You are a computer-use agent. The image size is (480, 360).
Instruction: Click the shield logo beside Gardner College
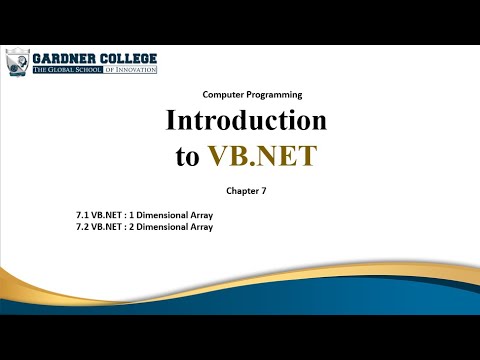pyautogui.click(x=16, y=63)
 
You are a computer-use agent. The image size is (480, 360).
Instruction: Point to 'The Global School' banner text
pyautogui.click(x=67, y=70)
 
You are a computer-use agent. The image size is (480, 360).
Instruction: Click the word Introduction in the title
pyautogui.click(x=246, y=122)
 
